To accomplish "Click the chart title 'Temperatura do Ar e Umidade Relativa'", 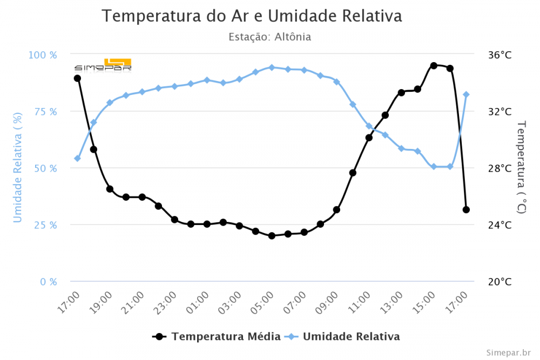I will tap(252, 16).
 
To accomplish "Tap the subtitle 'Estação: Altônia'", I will tap(269, 37).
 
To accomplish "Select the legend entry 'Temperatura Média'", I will tap(226, 336).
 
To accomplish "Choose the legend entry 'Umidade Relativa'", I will tap(351, 336).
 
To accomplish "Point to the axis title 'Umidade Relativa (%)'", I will tap(18, 168).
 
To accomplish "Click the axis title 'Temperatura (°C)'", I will tap(521, 168).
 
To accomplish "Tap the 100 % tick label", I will tap(42, 55).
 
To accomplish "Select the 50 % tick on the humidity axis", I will tap(45, 168).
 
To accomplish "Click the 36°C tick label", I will tap(500, 55).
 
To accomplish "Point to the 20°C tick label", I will tap(500, 281).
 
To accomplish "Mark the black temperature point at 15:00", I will tap(434, 65).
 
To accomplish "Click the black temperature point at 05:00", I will tap(272, 236).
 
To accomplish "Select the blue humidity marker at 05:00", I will tap(272, 67).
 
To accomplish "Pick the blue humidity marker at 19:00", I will tap(110, 103).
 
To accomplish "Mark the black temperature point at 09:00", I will tap(336, 209).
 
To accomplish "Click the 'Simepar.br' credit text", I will tap(508, 352).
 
